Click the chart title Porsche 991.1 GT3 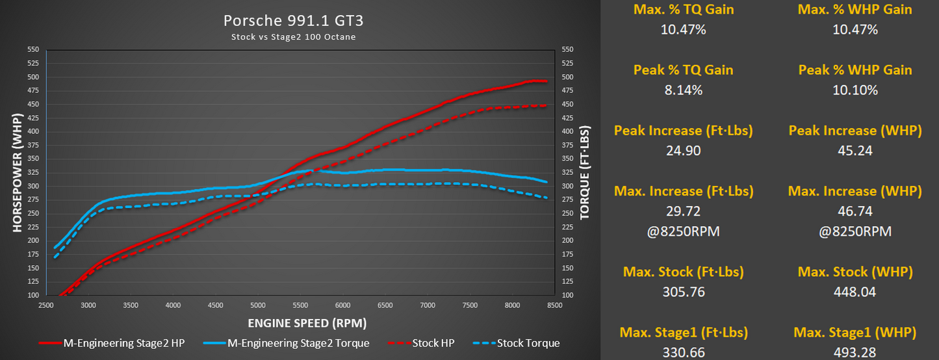(x=293, y=21)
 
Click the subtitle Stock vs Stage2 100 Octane (x=293, y=36)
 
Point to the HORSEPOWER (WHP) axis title (x=17, y=172)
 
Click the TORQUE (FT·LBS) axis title (x=585, y=172)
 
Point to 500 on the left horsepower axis (x=33, y=77)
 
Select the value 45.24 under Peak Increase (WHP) (x=855, y=151)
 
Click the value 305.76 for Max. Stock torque (x=683, y=292)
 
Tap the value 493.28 (x=855, y=353)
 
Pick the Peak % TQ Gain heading (x=683, y=70)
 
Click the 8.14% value (x=683, y=90)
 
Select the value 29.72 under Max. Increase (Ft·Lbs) (x=683, y=211)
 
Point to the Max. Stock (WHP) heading (x=855, y=272)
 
